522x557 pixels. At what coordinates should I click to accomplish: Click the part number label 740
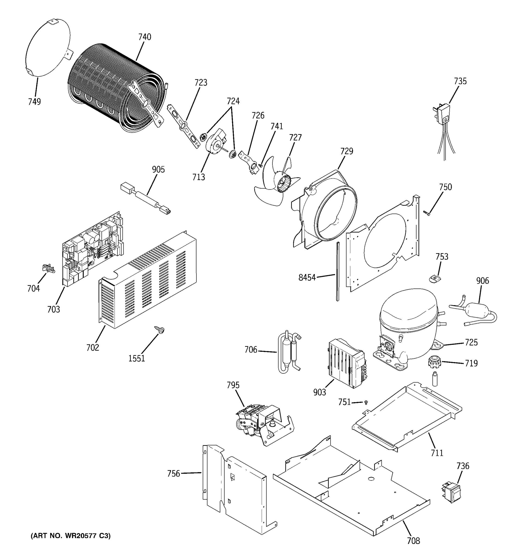click(x=145, y=37)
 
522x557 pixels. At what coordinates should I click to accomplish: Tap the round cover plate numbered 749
click(x=48, y=48)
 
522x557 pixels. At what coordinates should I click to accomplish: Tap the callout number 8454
click(x=307, y=278)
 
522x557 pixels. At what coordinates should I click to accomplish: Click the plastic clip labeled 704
click(x=49, y=269)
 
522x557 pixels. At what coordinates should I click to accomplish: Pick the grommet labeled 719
click(x=434, y=362)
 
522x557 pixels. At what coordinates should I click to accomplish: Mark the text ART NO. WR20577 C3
click(x=70, y=536)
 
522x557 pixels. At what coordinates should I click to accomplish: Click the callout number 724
click(x=233, y=101)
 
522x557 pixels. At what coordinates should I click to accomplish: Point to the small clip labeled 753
click(x=434, y=278)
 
